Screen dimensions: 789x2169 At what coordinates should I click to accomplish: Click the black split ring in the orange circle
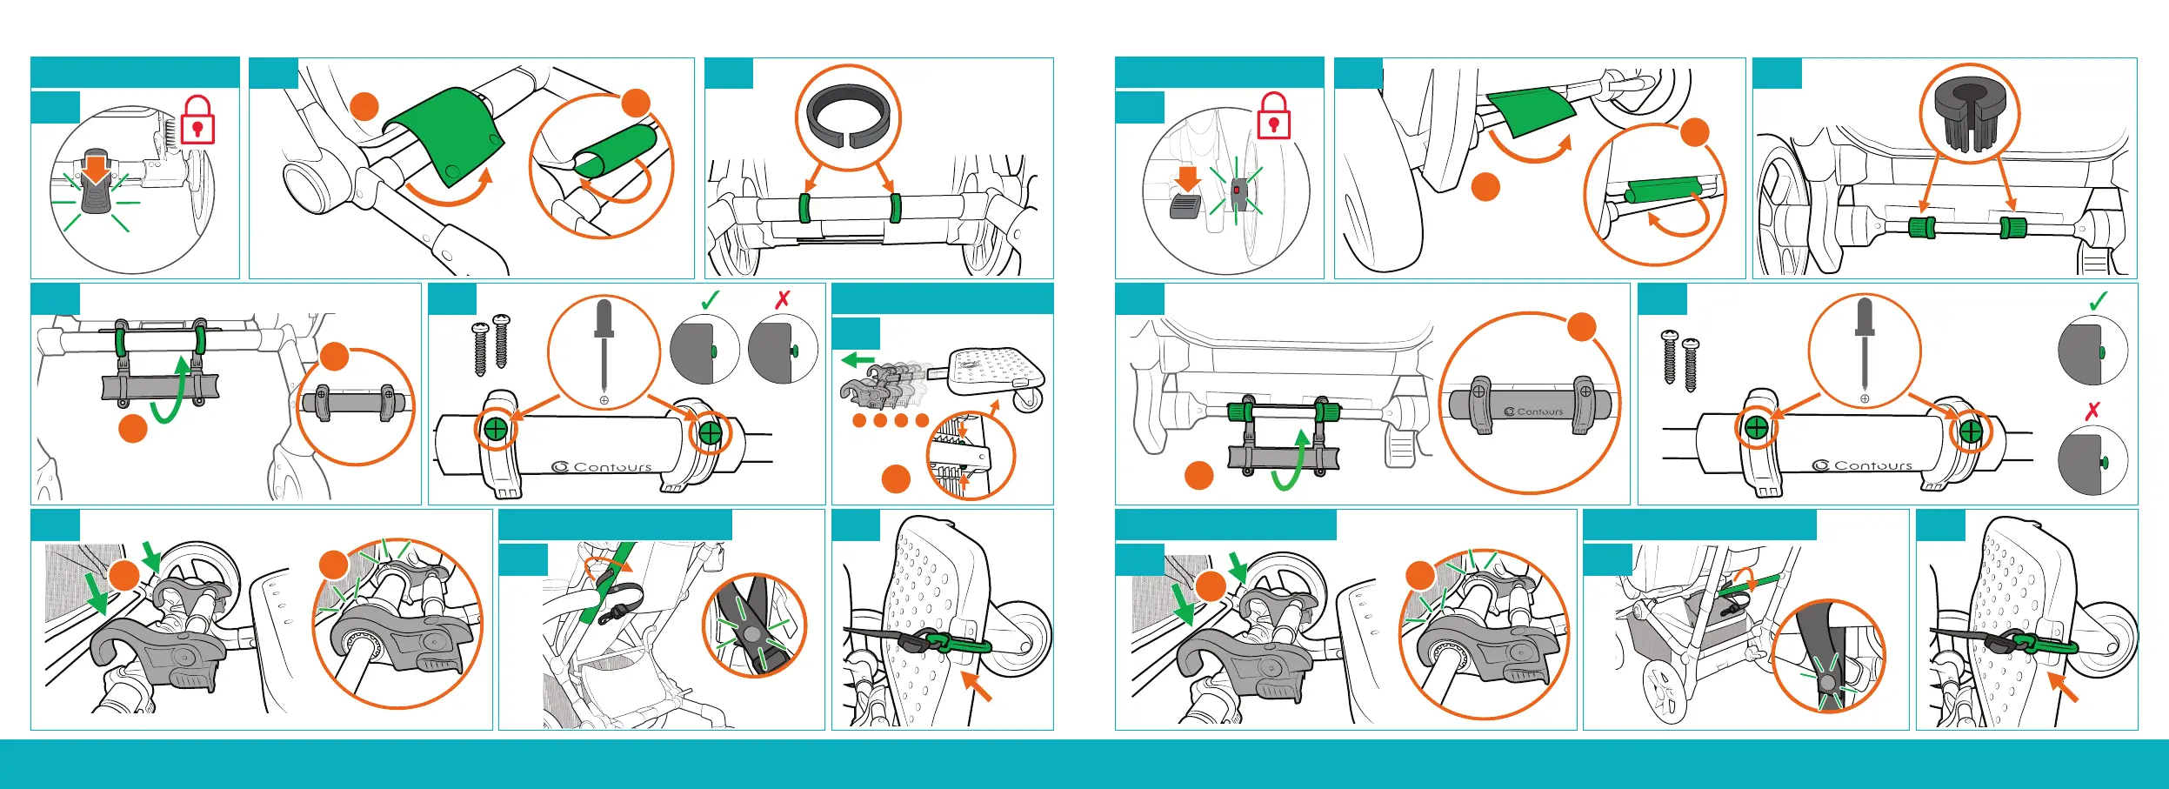pos(848,115)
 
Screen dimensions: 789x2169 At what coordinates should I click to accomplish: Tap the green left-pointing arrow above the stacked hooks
pos(858,359)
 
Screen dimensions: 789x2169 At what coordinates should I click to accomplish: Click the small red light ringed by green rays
pos(1236,189)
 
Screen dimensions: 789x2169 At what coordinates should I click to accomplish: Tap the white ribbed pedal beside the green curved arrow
pos(1398,447)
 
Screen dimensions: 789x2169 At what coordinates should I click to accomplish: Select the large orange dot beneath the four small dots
pos(896,478)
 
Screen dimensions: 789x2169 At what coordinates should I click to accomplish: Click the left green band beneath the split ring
pos(804,209)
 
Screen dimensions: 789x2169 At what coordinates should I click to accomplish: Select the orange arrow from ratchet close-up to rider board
pos(993,409)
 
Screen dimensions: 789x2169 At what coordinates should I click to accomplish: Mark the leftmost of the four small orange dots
pos(859,421)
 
